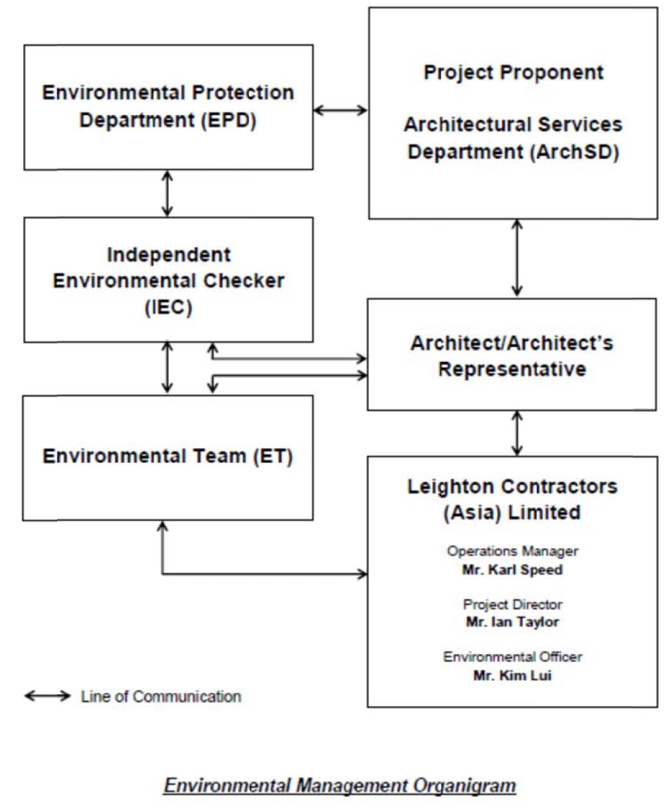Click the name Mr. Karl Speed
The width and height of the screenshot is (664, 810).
pyautogui.click(x=512, y=569)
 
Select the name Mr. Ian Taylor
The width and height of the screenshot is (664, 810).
pyautogui.click(x=512, y=622)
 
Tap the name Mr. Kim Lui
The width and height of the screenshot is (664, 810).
pyautogui.click(x=512, y=675)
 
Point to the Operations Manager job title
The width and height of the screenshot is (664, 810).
pyautogui.click(x=512, y=551)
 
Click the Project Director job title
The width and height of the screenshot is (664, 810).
pyautogui.click(x=512, y=604)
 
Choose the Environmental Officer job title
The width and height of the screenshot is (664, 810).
pyautogui.click(x=512, y=657)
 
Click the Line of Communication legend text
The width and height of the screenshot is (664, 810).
pyautogui.click(x=161, y=696)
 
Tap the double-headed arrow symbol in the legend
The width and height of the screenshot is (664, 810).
pyautogui.click(x=48, y=696)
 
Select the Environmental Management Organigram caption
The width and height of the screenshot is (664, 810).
pyautogui.click(x=340, y=786)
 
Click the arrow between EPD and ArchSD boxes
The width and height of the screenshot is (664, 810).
pyautogui.click(x=340, y=110)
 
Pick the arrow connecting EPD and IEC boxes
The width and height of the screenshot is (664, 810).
pyautogui.click(x=167, y=194)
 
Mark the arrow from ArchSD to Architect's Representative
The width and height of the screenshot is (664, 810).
pyautogui.click(x=517, y=258)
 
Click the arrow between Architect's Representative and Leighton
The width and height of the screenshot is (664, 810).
pyautogui.click(x=517, y=433)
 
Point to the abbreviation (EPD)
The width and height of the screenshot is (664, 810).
pyautogui.click(x=229, y=121)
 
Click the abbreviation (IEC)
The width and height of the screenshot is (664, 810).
pyautogui.click(x=168, y=307)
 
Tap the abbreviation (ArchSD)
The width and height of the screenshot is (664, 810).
pyautogui.click(x=575, y=152)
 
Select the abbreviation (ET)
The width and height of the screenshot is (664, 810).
pyautogui.click(x=273, y=456)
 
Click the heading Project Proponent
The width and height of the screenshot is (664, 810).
pyautogui.click(x=513, y=73)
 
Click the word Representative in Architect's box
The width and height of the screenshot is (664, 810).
pyautogui.click(x=512, y=370)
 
